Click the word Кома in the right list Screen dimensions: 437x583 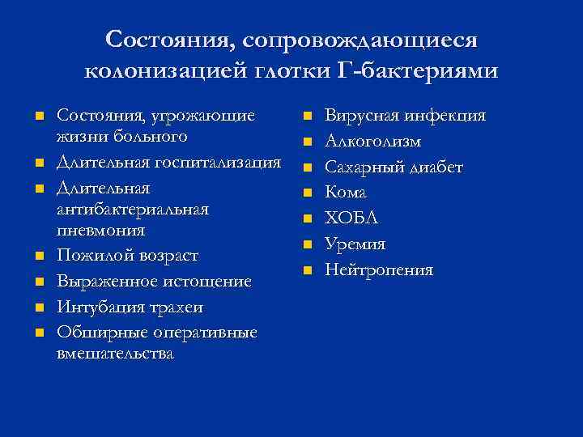click(x=346, y=193)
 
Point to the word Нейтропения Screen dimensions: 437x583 click(x=379, y=270)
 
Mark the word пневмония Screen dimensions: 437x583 click(x=102, y=230)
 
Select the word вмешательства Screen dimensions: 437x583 click(x=115, y=354)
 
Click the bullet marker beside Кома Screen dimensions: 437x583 click(x=308, y=193)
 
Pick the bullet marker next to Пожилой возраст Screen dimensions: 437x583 click(x=39, y=257)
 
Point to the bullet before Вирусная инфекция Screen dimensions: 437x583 click(x=308, y=117)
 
